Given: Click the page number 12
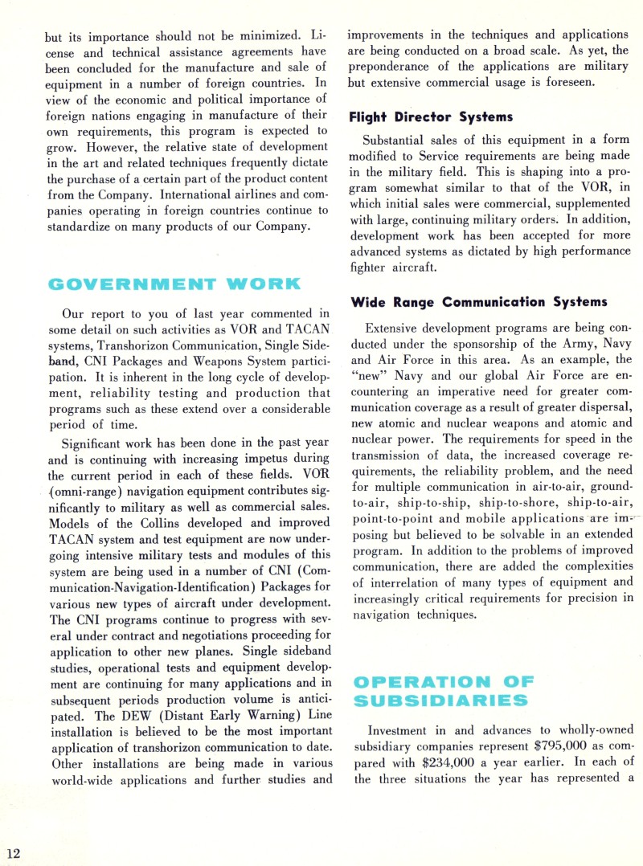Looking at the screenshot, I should pos(14,852).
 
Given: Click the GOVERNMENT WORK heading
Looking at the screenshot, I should pos(174,284).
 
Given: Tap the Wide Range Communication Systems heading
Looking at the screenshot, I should pos(479,303).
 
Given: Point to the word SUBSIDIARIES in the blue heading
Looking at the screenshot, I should pos(441,701).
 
